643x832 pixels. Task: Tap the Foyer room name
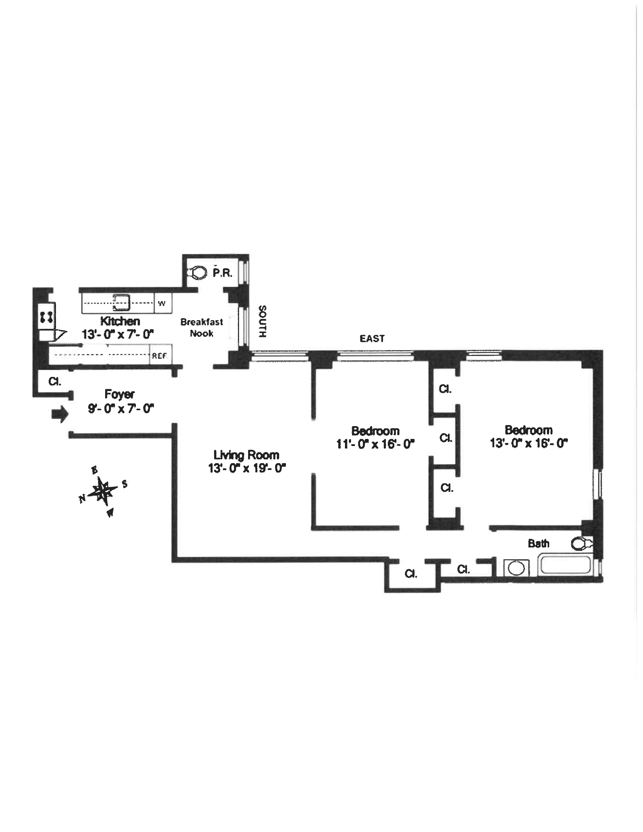120,394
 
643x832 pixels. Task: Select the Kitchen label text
120,321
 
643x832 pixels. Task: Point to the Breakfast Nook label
201,328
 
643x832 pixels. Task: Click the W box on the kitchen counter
162,304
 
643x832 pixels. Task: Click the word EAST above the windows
372,339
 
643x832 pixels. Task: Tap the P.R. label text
222,273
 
